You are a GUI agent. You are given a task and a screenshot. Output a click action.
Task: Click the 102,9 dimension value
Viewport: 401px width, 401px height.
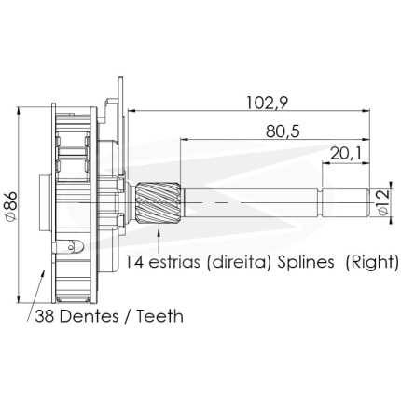click(267, 103)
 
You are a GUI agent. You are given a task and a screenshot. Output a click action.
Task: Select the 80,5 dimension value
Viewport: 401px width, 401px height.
click(283, 131)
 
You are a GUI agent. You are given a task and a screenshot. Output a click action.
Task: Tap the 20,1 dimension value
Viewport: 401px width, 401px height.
click(346, 154)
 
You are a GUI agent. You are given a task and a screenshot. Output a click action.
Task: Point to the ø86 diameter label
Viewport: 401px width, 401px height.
click(11, 206)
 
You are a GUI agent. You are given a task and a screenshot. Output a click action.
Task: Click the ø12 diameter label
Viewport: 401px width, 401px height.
click(383, 202)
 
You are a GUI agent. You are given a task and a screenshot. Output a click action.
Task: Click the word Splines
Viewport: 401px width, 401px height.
click(306, 262)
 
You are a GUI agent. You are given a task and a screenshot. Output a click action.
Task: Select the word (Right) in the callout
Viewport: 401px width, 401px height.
click(372, 262)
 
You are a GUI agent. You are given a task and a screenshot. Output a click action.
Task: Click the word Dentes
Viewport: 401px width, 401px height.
click(88, 316)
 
